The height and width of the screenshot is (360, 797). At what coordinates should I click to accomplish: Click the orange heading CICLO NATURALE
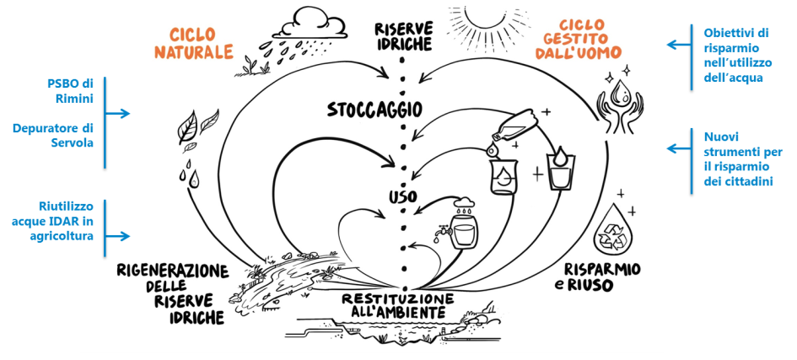click(x=194, y=44)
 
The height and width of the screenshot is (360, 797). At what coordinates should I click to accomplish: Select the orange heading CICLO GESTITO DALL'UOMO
click(x=590, y=39)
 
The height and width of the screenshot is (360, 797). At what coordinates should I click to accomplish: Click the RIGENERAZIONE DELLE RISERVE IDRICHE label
click(x=173, y=294)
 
